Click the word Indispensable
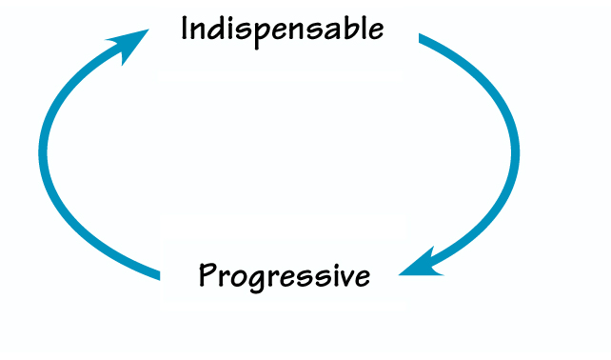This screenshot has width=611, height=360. (283, 29)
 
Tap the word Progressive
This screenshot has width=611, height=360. (284, 276)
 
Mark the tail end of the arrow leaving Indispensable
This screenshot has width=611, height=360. (422, 38)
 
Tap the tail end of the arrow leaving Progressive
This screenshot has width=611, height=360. (158, 275)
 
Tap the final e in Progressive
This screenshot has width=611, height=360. (360, 278)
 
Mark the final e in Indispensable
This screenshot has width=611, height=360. (375, 30)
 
